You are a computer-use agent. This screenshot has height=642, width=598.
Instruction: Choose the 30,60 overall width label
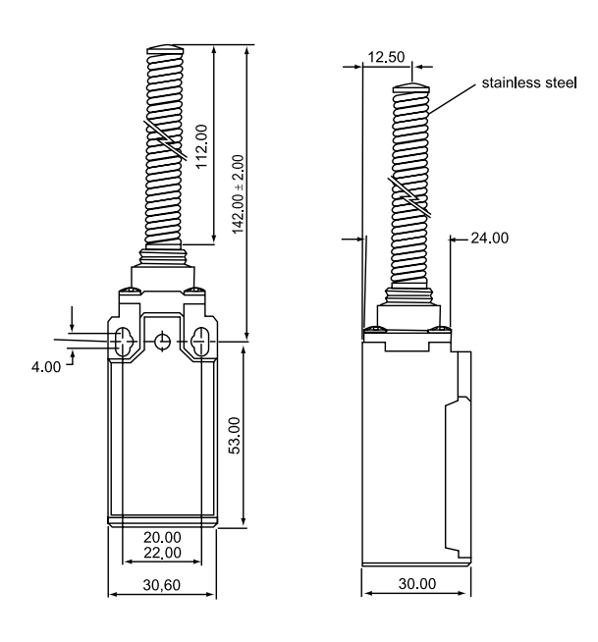[163, 583]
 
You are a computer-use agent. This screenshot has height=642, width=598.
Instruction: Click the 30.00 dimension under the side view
[416, 583]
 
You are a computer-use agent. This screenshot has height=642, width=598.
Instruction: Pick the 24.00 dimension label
[490, 237]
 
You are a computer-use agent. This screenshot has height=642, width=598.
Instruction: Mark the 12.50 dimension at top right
[385, 57]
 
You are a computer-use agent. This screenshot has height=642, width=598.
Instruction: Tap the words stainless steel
[527, 83]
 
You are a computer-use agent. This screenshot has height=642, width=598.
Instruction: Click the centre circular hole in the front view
[163, 341]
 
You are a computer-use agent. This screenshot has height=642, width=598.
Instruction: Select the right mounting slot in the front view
[201, 342]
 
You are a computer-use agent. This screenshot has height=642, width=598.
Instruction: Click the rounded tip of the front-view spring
[164, 50]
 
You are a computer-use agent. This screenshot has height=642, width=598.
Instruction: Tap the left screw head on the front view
[127, 291]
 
